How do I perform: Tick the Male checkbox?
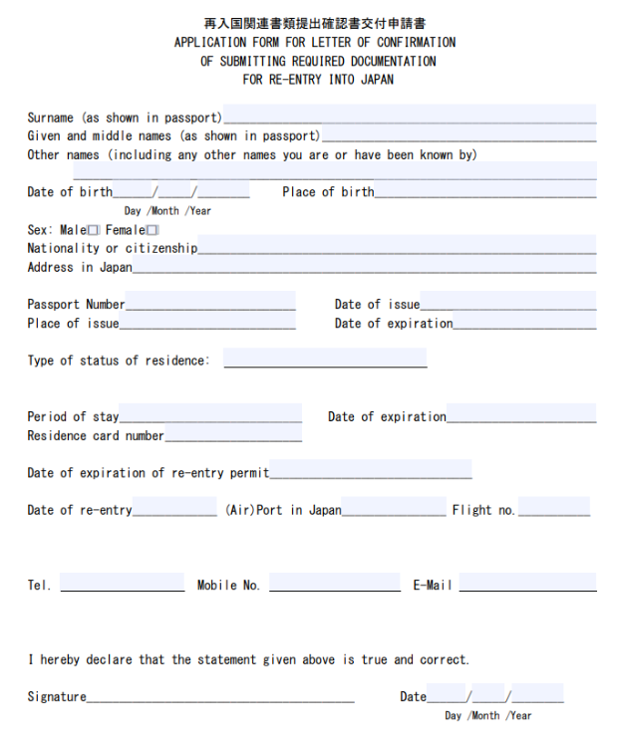click(94, 230)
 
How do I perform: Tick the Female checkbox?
click(153, 230)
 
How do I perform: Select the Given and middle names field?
click(459, 133)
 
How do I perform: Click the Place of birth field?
click(485, 190)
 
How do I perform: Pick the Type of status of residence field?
click(325, 359)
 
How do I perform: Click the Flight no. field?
click(553, 508)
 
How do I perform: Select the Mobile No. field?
click(334, 583)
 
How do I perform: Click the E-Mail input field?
click(527, 583)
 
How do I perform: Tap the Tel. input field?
click(123, 583)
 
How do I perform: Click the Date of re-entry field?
click(174, 508)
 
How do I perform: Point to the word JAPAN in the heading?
click(376, 80)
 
